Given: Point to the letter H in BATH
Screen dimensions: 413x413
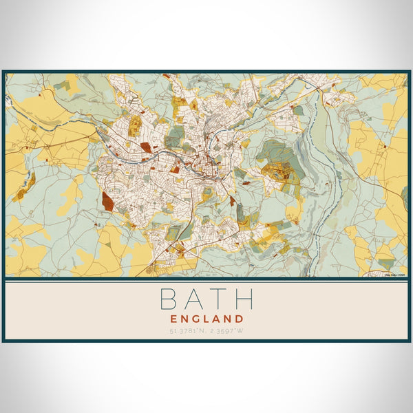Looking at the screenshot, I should [243, 299].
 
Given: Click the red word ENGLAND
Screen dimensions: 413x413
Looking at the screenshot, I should [206, 319].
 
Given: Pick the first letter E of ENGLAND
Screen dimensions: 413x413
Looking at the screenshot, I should [173, 319].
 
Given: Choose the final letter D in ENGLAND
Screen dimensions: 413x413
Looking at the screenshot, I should [239, 319].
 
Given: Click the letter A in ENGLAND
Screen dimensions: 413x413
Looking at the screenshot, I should [217, 319].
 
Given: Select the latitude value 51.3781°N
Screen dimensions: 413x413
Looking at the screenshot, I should [186, 332].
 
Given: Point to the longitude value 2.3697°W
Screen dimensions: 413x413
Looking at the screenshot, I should [228, 332].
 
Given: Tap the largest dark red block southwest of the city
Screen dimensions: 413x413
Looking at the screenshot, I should [108, 201].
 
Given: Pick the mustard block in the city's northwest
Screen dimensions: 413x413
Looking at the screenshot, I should [136, 125].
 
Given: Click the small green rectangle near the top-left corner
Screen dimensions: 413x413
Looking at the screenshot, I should [63, 85].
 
